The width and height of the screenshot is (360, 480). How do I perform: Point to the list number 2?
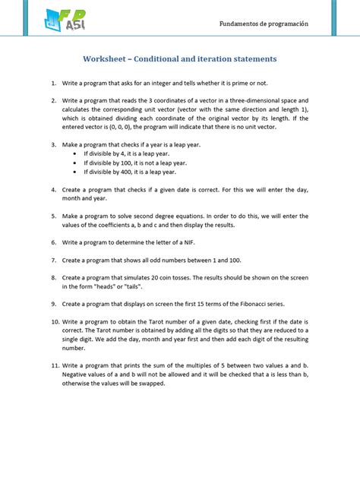tap(55, 100)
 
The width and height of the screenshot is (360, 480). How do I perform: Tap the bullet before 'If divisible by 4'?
tap(74, 153)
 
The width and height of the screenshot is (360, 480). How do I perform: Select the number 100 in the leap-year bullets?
tap(128, 162)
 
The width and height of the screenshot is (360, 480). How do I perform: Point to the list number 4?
tap(55, 189)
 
